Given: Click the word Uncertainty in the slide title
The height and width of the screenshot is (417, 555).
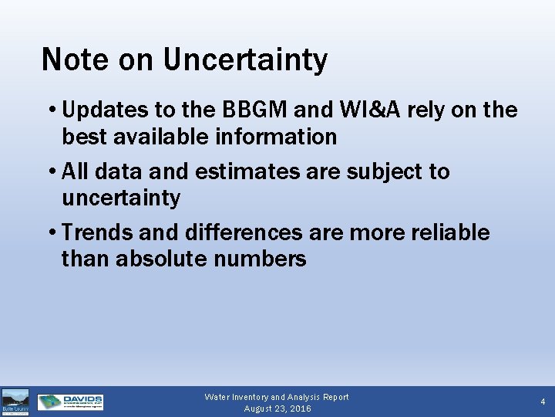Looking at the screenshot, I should click(245, 59).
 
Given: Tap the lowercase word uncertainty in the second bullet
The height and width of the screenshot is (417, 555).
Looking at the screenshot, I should click(120, 198).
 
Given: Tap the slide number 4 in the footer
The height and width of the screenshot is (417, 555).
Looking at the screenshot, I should click(543, 402).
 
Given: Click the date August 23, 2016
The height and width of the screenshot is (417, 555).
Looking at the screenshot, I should click(277, 409).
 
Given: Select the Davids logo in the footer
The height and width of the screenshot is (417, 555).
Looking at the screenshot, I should click(70, 402).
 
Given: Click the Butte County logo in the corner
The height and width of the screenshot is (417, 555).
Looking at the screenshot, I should click(15, 402).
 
